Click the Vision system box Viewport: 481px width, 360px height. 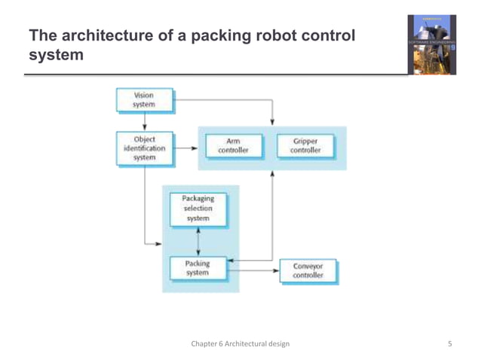click(x=144, y=101)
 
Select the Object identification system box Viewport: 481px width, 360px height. click(x=144, y=148)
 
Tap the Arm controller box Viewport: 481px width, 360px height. click(x=233, y=145)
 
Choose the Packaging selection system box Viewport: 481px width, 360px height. click(x=198, y=209)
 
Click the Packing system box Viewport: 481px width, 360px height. click(x=198, y=268)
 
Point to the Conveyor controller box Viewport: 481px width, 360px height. click(x=308, y=271)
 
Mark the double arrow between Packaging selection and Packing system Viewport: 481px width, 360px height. click(x=198, y=241)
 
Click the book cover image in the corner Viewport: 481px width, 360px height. click(x=431, y=44)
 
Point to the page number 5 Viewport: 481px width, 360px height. click(x=450, y=344)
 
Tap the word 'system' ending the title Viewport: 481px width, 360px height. click(x=56, y=55)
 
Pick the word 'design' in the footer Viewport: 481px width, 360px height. click(x=276, y=344)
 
